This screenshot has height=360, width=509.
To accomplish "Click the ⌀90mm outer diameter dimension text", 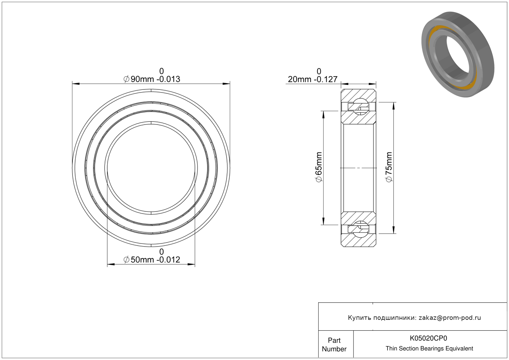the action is [x=152, y=79].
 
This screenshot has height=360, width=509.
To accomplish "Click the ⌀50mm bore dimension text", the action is [x=152, y=260].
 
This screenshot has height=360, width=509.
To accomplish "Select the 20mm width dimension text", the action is [x=313, y=79].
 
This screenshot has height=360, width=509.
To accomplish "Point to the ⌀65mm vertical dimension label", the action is [x=319, y=167].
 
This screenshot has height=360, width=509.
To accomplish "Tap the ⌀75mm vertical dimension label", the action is [x=389, y=167].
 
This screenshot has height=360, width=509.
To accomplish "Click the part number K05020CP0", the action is [x=428, y=338].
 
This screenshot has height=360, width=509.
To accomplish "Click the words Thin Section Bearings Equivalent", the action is [x=429, y=349].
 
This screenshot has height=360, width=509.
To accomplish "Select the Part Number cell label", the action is [x=334, y=345].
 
